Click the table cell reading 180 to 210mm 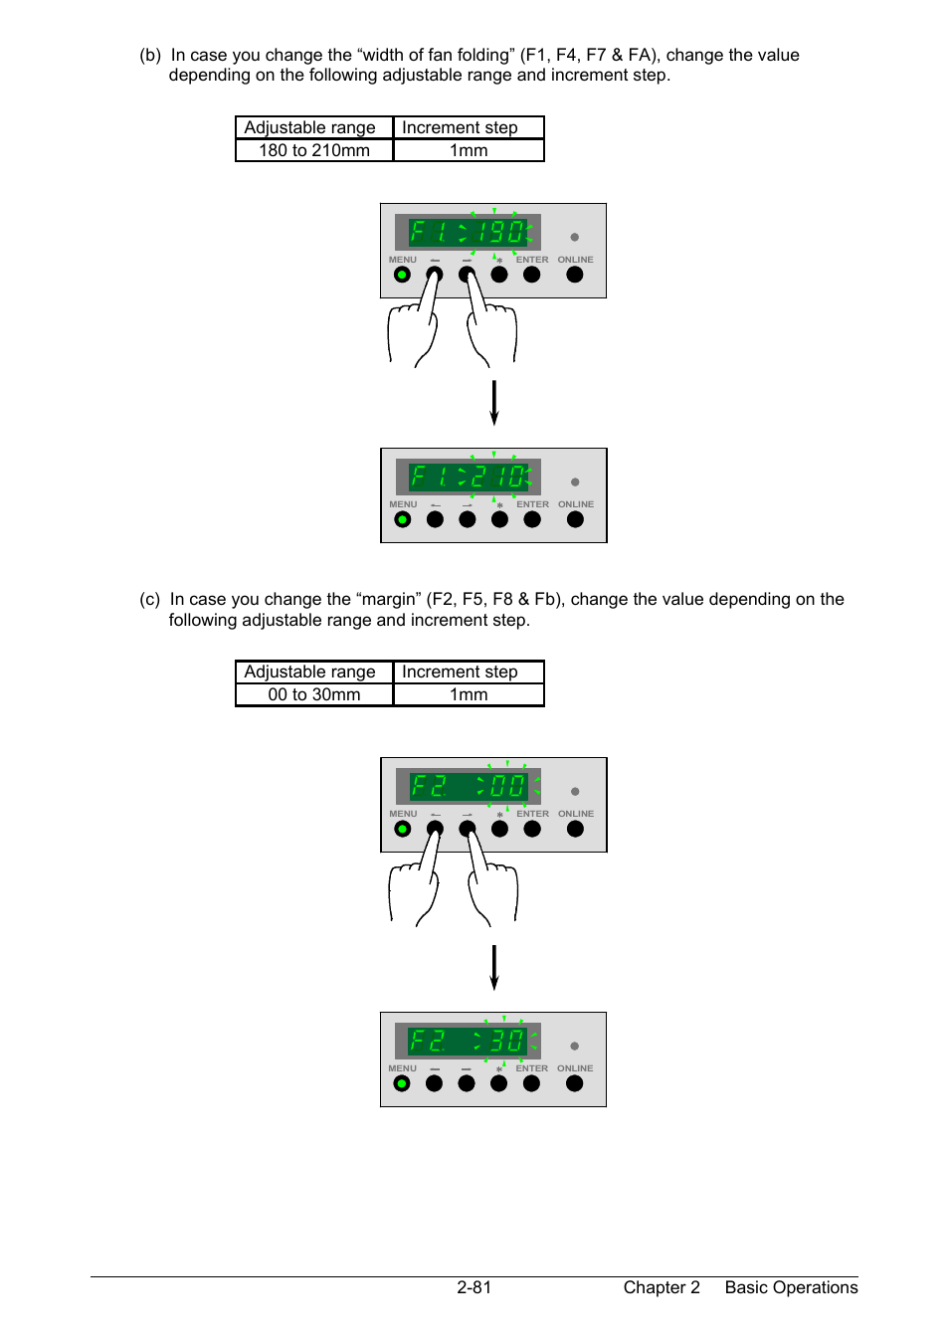314,150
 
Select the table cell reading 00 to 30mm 314,694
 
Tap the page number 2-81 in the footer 474,1287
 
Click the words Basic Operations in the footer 791,1287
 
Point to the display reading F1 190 468,232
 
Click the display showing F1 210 469,477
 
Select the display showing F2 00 469,786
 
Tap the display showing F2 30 468,1041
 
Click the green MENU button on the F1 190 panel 402,275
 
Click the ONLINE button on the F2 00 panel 575,829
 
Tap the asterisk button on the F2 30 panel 499,1083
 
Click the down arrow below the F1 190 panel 493,402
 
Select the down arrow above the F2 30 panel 493,967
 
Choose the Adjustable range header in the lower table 310,672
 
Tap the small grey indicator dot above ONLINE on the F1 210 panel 575,482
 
